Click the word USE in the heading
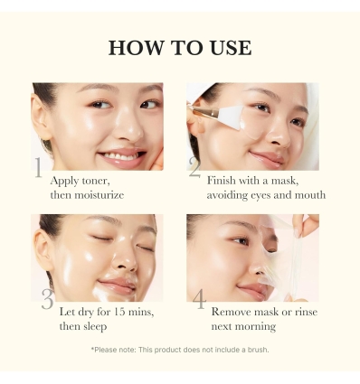click(230, 49)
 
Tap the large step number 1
click(38, 168)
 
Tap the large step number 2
click(194, 166)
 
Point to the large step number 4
click(199, 299)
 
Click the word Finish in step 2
click(223, 181)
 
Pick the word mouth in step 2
click(301, 194)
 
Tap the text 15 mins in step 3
click(132, 312)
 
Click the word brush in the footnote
click(257, 350)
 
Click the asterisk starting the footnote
click(92, 349)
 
